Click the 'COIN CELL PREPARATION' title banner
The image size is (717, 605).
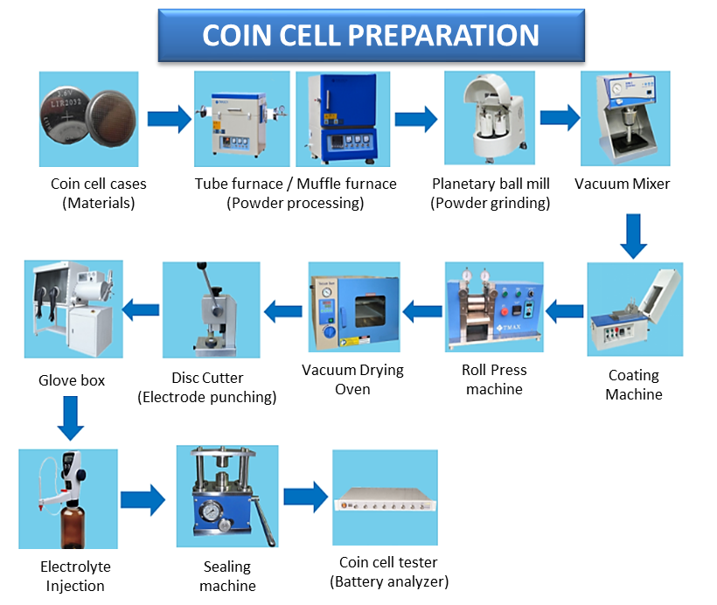tap(371, 35)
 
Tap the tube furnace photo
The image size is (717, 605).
tap(242, 119)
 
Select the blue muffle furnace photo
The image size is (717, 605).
tap(343, 119)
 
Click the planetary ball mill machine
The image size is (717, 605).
tap(492, 118)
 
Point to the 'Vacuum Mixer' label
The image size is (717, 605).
tap(622, 184)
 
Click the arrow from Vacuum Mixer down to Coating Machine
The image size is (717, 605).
tap(633, 236)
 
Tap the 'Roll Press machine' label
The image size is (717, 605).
tap(494, 379)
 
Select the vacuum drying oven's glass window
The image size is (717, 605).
tap(370, 311)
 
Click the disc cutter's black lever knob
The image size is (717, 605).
tap(202, 265)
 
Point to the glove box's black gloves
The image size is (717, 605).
tap(46, 302)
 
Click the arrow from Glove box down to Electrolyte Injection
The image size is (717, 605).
tap(71, 418)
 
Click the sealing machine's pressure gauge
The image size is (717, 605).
tap(211, 511)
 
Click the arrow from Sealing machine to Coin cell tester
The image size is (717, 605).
tap(305, 497)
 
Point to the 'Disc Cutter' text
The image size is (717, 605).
tap(207, 378)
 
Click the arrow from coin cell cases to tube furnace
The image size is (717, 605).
tap(169, 119)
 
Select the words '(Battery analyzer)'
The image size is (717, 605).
tap(389, 581)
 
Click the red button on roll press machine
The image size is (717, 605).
tap(505, 312)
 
